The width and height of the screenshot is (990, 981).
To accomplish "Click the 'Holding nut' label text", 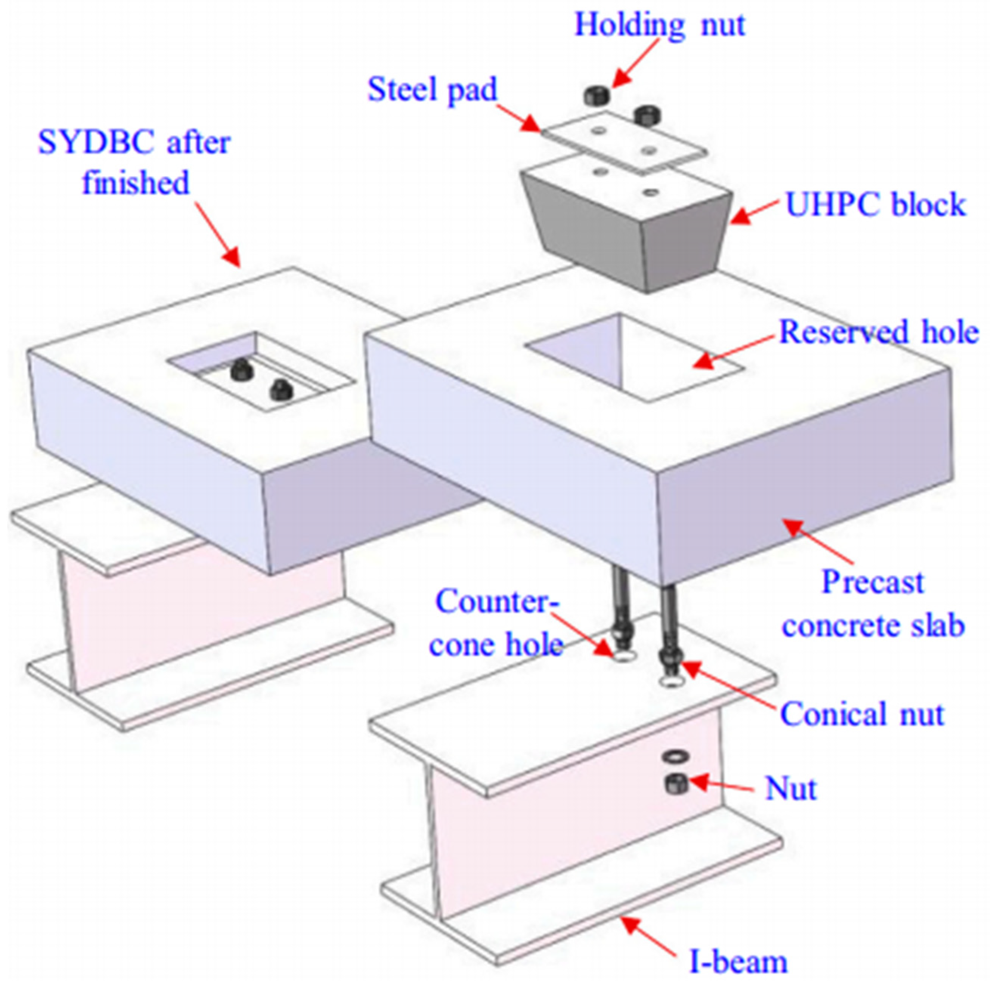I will coord(660,24).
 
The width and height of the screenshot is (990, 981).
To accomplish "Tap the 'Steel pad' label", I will coord(432,90).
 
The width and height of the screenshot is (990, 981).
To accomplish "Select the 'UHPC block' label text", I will coord(875,204).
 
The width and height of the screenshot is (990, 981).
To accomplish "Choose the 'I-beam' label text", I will coord(738,961).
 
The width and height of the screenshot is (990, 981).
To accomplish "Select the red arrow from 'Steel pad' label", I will coord(519,118).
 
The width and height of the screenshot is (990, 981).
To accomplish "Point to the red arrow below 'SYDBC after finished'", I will coord(217,233).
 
